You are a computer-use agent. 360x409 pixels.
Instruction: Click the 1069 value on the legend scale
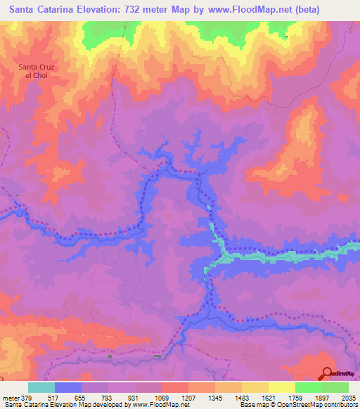[162, 396]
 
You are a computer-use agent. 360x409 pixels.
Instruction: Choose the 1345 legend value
[216, 396]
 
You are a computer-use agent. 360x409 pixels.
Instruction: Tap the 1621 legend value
[269, 396]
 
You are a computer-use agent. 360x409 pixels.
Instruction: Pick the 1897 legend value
[323, 396]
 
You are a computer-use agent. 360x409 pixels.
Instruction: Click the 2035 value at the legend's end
[349, 396]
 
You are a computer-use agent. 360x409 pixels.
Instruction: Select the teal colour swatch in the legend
[41, 387]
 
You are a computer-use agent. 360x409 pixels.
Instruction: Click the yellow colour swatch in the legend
[282, 387]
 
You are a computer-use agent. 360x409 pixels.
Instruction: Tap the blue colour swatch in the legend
[68, 387]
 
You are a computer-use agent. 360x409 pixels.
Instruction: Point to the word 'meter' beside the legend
[11, 396]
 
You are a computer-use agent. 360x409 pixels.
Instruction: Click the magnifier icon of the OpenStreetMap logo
[326, 373]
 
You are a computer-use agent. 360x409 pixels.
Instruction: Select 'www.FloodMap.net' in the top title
[238, 10]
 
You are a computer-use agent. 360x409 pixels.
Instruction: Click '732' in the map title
[134, 10]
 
